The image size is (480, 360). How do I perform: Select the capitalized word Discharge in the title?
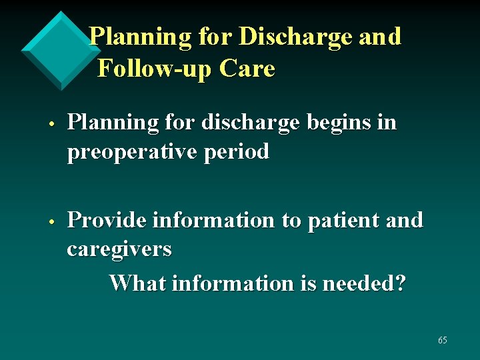point(295,37)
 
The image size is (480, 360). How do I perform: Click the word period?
point(236,152)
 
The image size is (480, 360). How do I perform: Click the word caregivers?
point(119,249)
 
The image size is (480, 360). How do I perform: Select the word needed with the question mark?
point(363,283)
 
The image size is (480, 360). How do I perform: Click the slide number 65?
point(443,341)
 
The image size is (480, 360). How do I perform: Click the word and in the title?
point(380,37)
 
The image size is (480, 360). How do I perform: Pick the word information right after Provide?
point(214,220)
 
